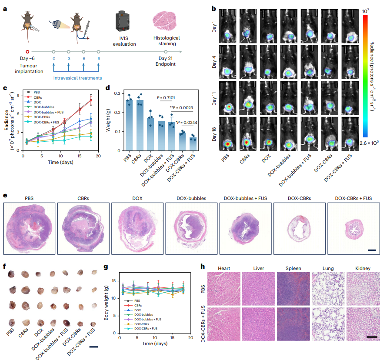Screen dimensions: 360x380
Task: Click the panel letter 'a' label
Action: tap(5, 9)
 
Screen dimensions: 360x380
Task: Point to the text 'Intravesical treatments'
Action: tap(78, 78)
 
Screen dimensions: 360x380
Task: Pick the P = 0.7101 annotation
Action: tap(167, 97)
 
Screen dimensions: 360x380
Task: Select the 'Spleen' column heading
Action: tap(293, 269)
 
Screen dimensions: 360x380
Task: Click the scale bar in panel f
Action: tap(93, 347)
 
